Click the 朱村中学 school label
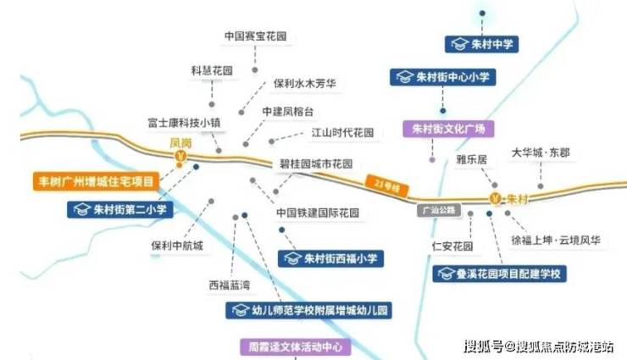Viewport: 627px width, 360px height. pos(481,44)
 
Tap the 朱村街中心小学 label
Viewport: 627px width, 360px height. pos(442,77)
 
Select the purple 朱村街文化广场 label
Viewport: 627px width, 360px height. pos(448,129)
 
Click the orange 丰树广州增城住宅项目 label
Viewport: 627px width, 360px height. pos(96,181)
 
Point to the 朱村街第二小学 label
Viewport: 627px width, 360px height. pos(120,209)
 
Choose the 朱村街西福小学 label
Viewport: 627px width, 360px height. pos(330,258)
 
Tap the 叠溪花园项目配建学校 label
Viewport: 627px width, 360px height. pos(499,274)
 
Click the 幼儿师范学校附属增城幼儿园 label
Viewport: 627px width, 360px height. pos(308,311)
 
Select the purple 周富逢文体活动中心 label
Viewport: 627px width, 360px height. pos(296,346)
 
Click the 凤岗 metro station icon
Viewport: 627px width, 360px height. pos(180,155)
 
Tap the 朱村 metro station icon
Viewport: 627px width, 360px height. pos(496,198)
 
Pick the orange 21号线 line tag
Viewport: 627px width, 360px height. pos(387,186)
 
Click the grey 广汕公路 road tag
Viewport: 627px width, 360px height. pos(439,210)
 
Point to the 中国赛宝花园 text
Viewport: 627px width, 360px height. pos(256,36)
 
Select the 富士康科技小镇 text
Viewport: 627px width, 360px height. pos(184,123)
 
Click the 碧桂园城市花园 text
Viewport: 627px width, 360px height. pos(316,163)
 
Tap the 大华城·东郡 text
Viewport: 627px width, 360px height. pos(541,152)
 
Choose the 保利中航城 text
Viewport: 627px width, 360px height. pos(177,246)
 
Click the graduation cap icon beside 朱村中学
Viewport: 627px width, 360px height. pos(459,44)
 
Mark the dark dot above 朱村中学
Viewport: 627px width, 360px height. pos(482,14)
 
